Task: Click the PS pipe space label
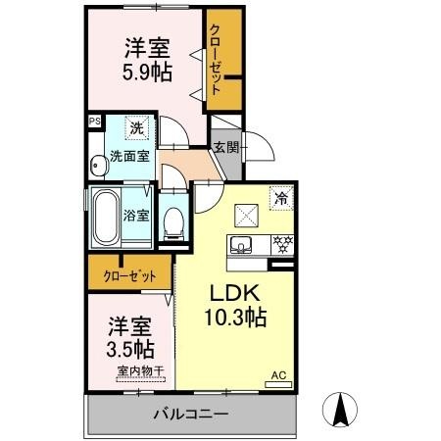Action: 95,122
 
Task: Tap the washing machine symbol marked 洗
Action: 136,128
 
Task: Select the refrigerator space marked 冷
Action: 281,198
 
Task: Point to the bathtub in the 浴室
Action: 106,218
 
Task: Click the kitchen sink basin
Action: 241,245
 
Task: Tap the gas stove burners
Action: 282,245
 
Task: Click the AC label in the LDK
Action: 278,375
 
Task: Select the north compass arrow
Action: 340,410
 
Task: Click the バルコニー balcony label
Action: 191,415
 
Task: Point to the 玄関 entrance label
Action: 226,148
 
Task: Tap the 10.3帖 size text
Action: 235,318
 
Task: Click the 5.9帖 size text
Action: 147,73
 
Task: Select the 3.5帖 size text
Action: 130,349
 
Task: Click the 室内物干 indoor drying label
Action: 140,371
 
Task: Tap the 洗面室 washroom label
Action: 129,156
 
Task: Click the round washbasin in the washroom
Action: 99,166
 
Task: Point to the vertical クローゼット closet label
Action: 215,60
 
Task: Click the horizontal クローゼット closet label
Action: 129,276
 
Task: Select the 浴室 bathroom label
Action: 136,216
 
